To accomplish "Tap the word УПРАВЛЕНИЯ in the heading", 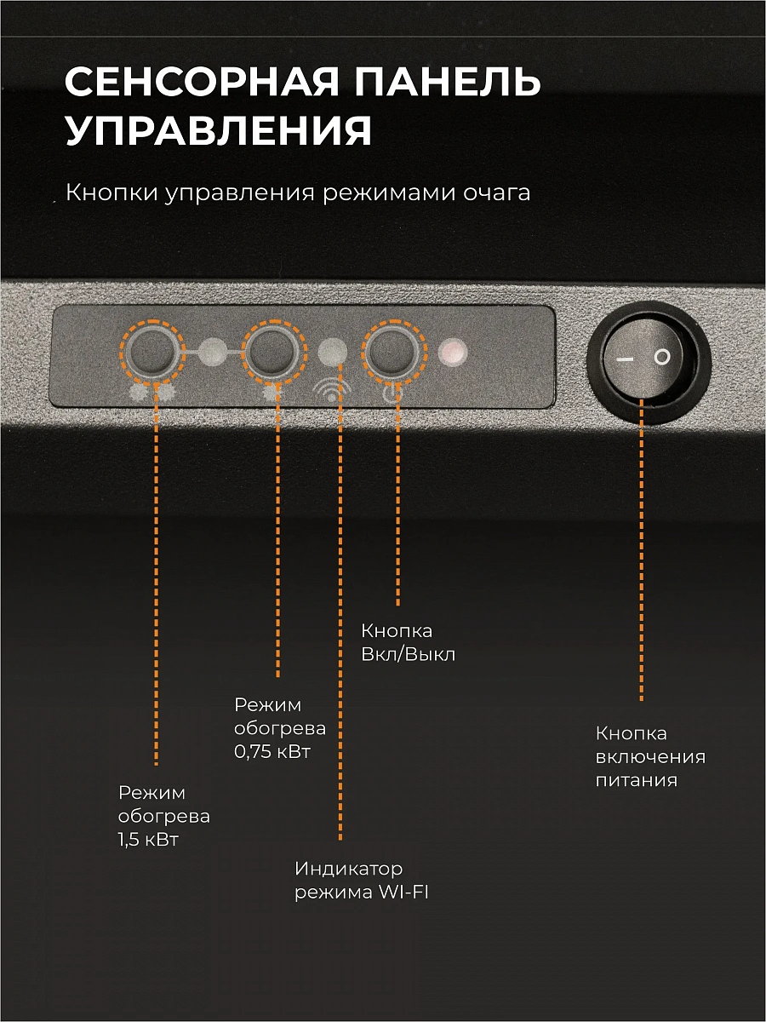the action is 219,130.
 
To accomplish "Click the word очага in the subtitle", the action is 497,192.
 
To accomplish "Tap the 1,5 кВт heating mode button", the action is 152,353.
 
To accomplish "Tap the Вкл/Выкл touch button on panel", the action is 394,353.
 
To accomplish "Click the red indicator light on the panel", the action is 453,353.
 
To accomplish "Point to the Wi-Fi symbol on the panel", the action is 332,390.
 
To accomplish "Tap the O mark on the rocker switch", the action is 662,357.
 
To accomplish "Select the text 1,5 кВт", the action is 148,840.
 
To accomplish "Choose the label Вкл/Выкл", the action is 409,655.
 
